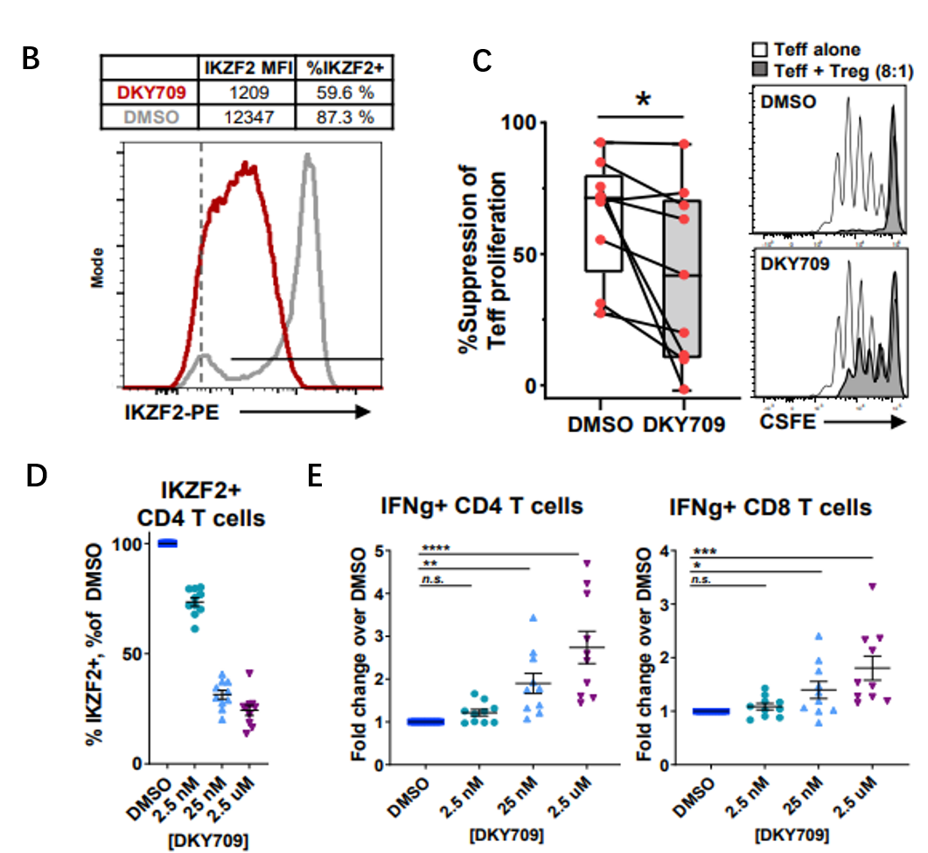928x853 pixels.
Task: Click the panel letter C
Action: tap(482, 60)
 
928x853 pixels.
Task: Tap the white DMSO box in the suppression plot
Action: tap(603, 223)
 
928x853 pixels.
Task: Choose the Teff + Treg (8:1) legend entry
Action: tap(829, 68)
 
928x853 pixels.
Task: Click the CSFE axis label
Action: tap(785, 423)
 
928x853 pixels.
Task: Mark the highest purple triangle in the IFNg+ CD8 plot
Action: tap(871, 587)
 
